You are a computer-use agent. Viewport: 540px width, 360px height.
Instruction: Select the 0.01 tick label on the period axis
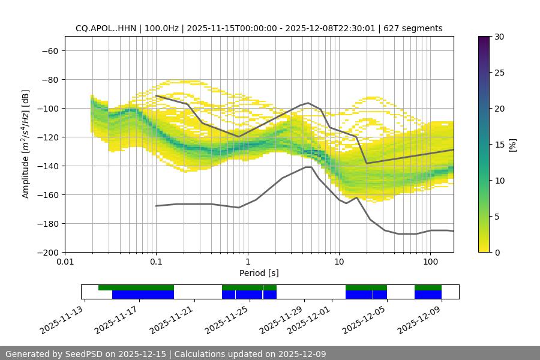coord(65,262)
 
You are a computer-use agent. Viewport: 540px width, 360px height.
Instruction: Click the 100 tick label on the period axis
coord(430,262)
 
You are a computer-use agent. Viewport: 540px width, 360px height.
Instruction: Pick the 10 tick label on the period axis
coord(339,262)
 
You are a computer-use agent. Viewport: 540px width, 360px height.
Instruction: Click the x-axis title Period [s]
coord(259,273)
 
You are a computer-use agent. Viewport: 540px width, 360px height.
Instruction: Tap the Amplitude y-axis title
coord(26,144)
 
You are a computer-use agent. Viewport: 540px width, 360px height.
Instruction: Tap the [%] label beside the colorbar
coord(512,145)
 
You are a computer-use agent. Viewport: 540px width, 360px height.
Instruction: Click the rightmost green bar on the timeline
coord(428,287)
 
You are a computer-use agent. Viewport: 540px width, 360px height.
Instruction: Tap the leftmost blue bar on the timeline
coord(143,295)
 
